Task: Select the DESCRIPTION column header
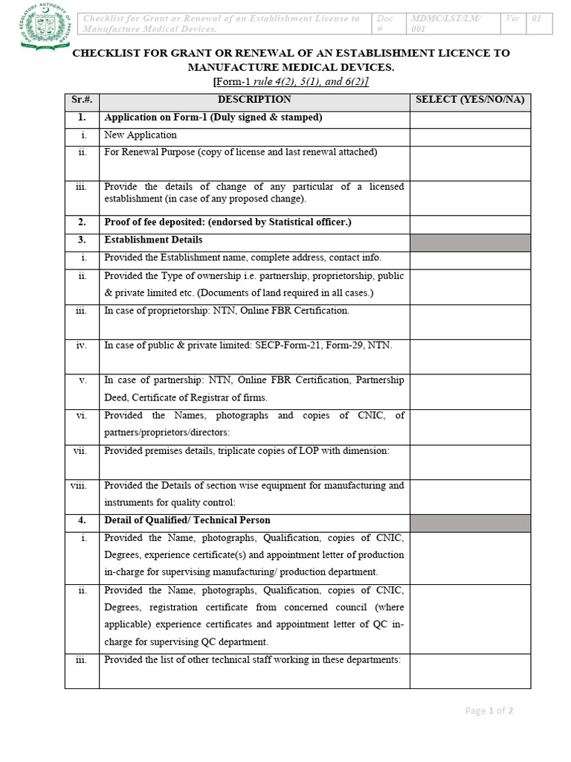click(254, 100)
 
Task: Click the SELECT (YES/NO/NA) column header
click(470, 100)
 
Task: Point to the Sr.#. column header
click(82, 100)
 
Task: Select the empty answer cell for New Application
click(470, 137)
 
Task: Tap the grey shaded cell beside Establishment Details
click(470, 242)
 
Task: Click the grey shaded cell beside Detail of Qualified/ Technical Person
click(470, 522)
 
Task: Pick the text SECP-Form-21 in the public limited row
click(267, 345)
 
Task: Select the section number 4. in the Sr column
click(82, 521)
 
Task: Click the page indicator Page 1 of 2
click(488, 711)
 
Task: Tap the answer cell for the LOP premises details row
click(470, 461)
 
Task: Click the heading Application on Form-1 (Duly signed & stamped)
click(213, 118)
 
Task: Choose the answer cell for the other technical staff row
click(470, 670)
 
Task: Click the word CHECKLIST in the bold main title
click(105, 54)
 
